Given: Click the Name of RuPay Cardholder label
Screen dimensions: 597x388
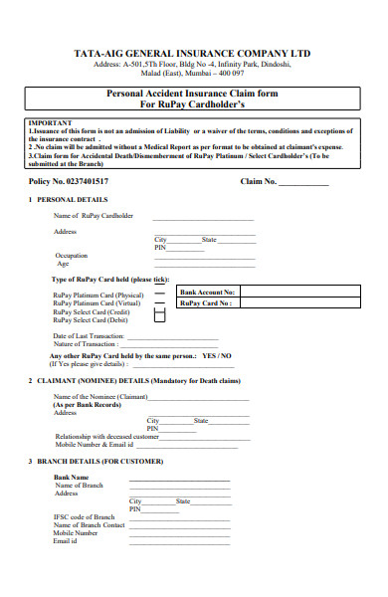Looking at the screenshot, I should tap(93, 215).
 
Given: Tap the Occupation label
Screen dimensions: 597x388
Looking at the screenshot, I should tap(72, 256).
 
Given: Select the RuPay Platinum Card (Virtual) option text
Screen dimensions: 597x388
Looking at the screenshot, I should tap(97, 302).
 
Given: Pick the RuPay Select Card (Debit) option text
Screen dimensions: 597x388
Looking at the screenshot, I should tap(91, 320).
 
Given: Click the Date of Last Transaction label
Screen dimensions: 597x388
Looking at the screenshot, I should tap(88, 336).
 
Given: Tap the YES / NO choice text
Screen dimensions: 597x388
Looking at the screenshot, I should tap(216, 355).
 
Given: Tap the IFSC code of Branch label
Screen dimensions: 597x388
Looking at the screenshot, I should tap(83, 516).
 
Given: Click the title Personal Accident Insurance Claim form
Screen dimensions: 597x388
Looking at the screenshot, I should tap(193, 93).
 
